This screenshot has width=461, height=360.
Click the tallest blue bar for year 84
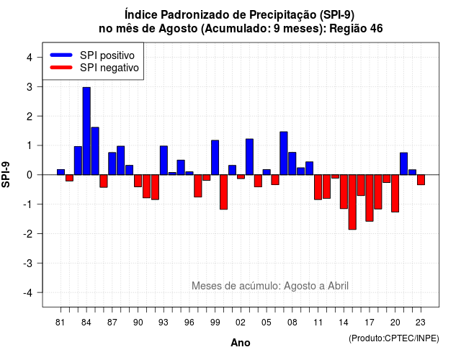click(86, 131)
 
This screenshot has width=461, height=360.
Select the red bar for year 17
click(370, 198)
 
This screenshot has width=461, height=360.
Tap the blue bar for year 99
click(215, 158)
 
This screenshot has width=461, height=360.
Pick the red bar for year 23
click(421, 180)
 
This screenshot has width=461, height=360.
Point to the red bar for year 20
click(395, 194)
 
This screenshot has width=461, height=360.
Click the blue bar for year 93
click(164, 161)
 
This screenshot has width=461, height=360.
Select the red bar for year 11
click(318, 187)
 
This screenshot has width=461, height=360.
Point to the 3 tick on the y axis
click(39, 86)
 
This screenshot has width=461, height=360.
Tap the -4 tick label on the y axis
click(28, 292)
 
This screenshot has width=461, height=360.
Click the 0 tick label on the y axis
click(30, 175)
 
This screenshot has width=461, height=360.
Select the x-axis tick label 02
click(240, 323)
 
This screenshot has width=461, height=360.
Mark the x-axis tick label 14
click(344, 323)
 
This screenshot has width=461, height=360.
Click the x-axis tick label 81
click(60, 323)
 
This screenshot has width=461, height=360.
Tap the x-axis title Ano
click(241, 343)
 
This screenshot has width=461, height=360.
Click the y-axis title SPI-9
click(6, 175)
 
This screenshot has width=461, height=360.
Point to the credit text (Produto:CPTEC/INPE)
click(394, 338)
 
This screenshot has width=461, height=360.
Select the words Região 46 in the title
click(356, 29)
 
